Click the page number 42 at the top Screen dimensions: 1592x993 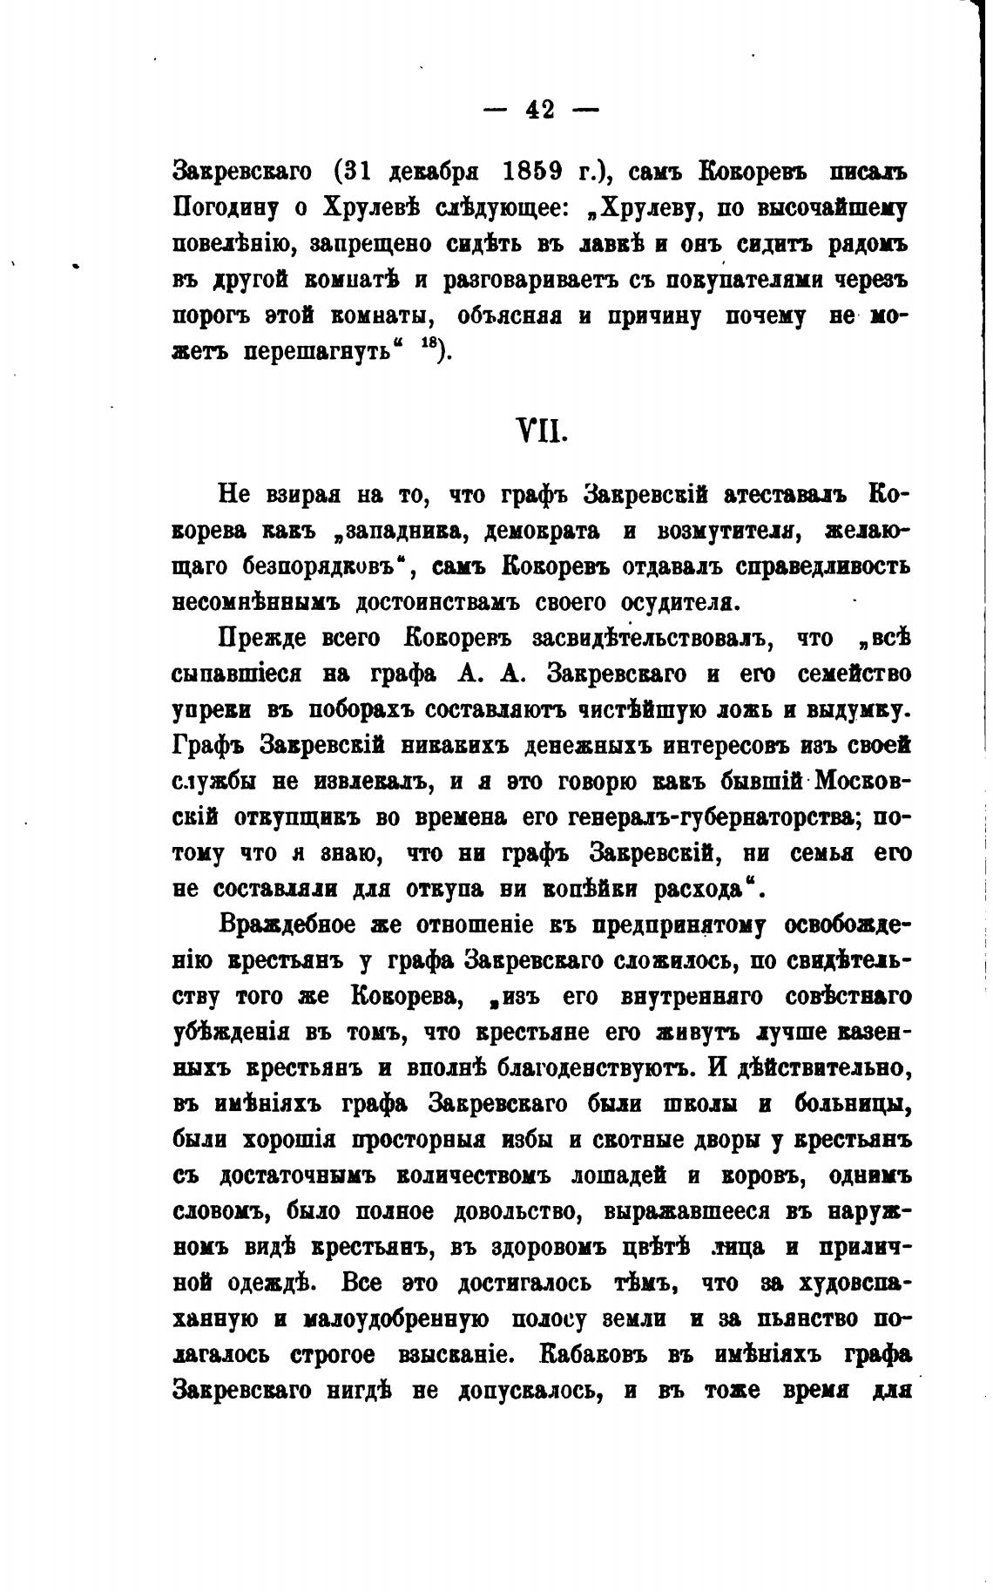[x=540, y=110]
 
